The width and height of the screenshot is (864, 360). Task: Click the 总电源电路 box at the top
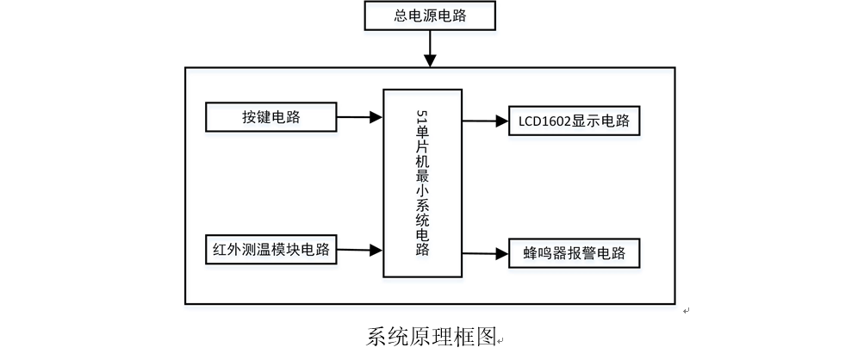point(431,16)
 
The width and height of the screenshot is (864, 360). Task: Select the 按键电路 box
point(270,117)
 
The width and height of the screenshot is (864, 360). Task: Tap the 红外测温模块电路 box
point(270,251)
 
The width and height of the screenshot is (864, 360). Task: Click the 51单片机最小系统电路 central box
point(422,183)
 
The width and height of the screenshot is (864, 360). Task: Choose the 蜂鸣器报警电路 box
point(574,254)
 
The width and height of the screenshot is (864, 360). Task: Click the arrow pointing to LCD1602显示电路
point(484,121)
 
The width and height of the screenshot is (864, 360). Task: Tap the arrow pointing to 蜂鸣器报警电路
point(484,254)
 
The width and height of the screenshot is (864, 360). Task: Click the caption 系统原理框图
point(431,335)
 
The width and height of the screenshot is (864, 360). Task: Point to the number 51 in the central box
point(422,116)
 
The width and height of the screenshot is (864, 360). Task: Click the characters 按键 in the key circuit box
point(257,117)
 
